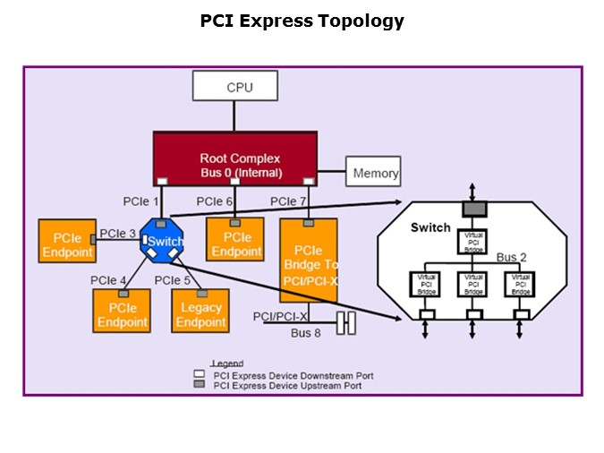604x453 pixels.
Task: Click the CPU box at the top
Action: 236,87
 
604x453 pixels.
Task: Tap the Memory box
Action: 373,173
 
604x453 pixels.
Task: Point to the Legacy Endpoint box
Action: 200,315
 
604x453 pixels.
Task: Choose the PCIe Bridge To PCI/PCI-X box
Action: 309,259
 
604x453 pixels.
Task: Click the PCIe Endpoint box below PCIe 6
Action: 236,244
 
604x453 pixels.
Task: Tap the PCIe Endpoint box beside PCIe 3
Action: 67,244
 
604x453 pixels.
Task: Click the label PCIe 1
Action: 141,201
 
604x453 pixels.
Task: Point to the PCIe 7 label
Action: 289,201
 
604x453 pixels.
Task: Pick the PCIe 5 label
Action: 173,280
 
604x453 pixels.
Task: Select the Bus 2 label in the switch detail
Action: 512,258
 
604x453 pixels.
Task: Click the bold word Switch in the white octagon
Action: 430,227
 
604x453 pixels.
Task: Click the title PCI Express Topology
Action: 302,21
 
